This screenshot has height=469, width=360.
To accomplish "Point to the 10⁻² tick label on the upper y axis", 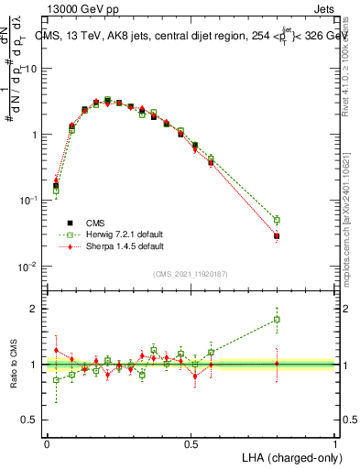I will pos(28,267).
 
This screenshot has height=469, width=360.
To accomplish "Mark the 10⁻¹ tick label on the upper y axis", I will pos(28,201).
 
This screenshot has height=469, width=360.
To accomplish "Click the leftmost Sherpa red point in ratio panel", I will pos(56,350).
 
